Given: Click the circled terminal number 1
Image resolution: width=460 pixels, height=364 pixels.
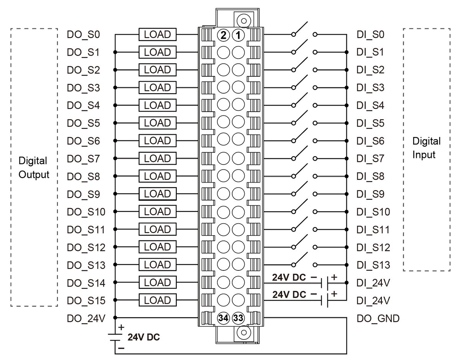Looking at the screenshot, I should point(238,35).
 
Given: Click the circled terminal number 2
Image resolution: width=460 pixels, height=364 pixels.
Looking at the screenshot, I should point(223,35).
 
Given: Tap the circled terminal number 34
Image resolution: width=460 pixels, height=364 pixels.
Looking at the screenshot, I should point(223,318).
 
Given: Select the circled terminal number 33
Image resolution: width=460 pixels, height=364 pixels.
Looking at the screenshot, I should point(238,318).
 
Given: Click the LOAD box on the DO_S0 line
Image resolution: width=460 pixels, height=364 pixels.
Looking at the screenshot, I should point(158,35).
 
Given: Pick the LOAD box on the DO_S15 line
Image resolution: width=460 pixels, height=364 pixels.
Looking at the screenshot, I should point(158,300).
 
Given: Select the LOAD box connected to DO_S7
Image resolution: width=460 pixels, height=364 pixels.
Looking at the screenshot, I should point(158,158).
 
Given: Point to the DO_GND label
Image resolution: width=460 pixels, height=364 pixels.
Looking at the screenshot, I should point(378,318).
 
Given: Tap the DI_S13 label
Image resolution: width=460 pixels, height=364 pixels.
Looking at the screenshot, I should point(373,265).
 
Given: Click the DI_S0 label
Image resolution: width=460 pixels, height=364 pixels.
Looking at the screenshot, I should point(370,35).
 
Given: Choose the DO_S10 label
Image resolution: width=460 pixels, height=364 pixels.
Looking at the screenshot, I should point(86,212).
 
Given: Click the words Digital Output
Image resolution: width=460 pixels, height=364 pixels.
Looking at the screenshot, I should point(34,168).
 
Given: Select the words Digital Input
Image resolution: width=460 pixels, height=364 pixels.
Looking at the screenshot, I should point(426,148).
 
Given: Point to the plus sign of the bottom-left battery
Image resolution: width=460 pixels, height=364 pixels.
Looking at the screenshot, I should point(122,328).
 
